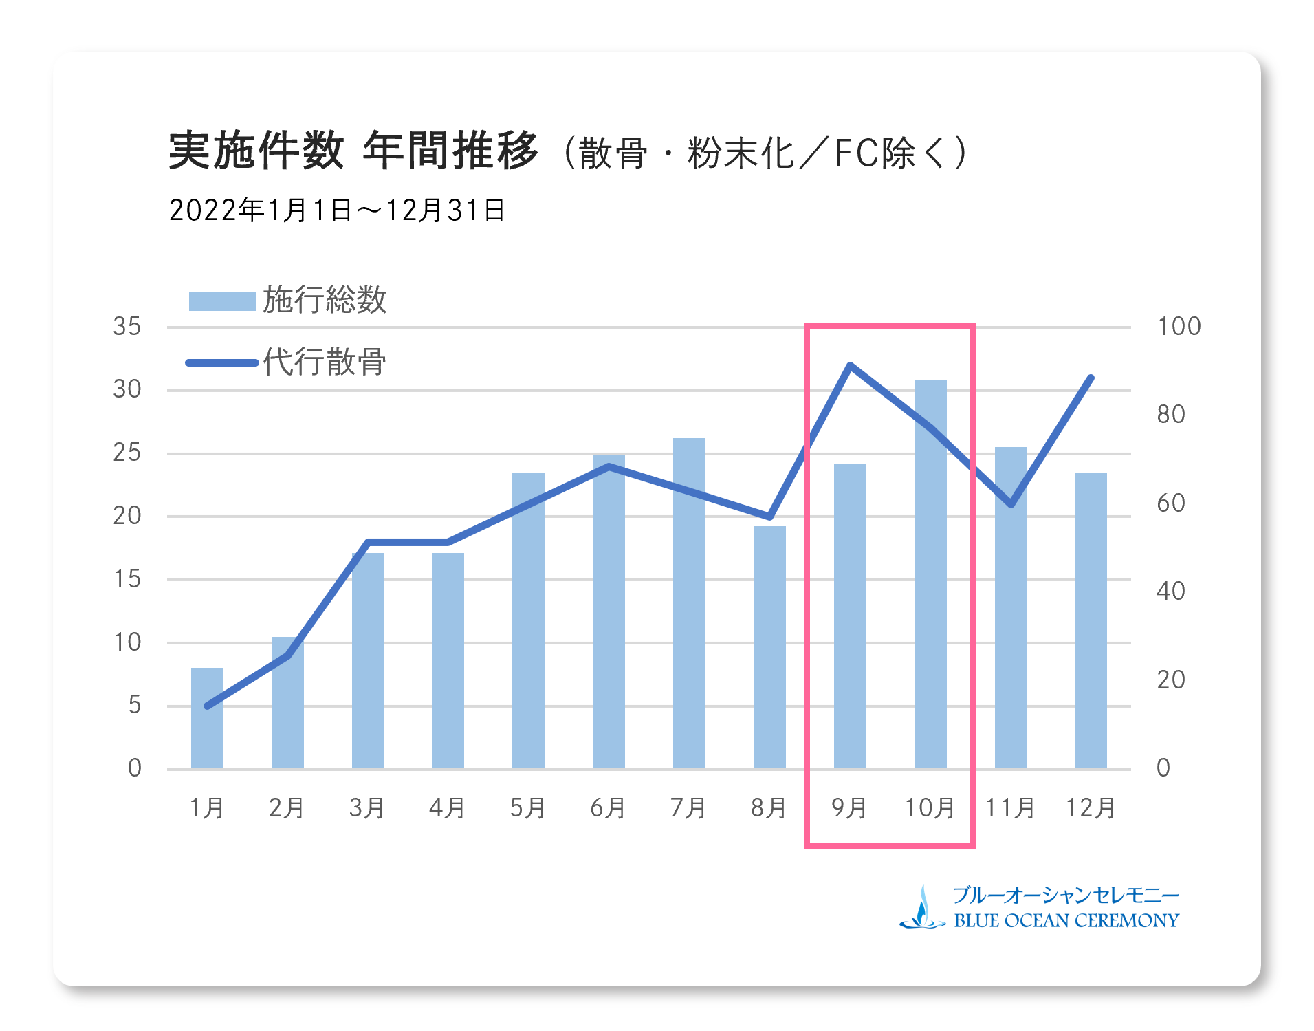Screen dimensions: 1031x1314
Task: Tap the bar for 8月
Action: click(x=769, y=647)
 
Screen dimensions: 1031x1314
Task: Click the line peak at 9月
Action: click(x=850, y=365)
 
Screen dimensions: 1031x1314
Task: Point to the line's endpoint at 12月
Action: click(x=1091, y=378)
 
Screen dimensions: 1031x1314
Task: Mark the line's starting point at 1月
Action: click(x=207, y=706)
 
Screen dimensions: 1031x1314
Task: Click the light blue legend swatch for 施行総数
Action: click(x=222, y=301)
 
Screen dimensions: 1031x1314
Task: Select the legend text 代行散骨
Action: click(x=325, y=362)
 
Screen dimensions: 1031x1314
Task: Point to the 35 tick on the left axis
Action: click(x=127, y=326)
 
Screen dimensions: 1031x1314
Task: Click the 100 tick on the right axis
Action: click(x=1179, y=326)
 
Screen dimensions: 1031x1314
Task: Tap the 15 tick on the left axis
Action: click(x=127, y=579)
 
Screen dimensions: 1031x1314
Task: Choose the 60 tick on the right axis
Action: click(x=1170, y=503)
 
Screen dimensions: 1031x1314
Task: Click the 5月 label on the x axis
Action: click(x=527, y=807)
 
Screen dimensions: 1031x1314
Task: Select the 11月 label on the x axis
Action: click(x=1010, y=807)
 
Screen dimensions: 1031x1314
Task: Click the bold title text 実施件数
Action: click(x=256, y=151)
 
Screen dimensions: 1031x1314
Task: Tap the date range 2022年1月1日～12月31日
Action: click(x=337, y=210)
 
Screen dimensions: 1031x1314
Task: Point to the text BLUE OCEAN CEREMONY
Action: click(x=1066, y=921)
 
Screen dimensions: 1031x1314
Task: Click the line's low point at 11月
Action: click(x=1011, y=504)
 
